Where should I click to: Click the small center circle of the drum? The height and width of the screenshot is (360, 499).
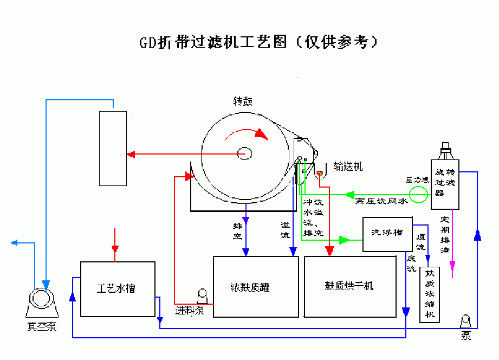pos(244,155)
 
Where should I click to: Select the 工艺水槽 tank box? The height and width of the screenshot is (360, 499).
pos(117,289)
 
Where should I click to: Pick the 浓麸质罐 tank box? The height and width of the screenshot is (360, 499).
pos(255,287)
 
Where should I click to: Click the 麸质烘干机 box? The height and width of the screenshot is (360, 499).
pos(349,287)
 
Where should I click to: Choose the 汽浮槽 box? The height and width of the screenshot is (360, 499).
pos(387,234)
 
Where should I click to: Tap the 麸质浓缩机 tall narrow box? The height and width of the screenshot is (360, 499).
pos(430,295)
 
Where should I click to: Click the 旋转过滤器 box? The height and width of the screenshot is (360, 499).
pos(445,184)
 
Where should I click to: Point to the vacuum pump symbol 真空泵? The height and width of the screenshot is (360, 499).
pos(42,301)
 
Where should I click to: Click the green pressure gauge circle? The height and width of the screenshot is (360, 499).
pos(418,194)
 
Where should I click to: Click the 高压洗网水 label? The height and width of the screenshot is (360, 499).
pos(381,202)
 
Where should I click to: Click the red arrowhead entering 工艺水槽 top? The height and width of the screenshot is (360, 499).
pos(114,249)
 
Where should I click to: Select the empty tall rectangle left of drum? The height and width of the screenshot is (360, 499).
pos(113,148)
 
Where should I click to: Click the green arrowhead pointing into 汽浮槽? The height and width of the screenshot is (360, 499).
pos(344,240)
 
